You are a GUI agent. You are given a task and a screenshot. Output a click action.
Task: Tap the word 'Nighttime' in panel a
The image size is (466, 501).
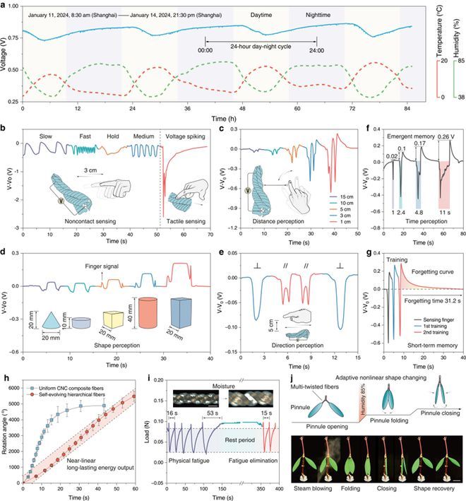tap(323, 14)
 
